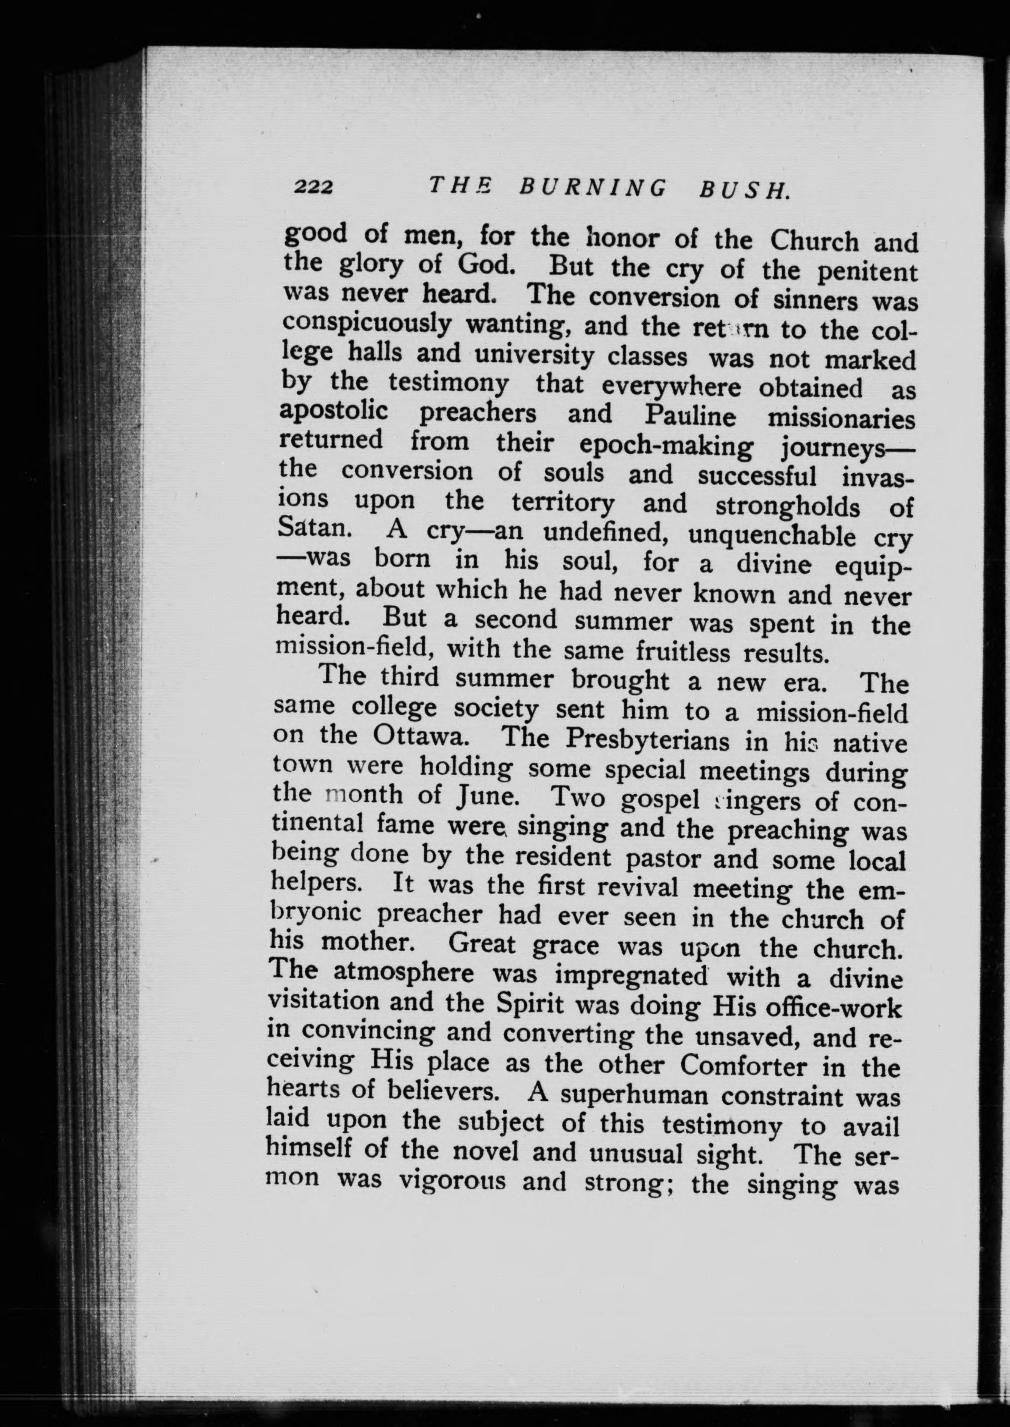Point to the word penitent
pos(867,272)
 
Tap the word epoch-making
pos(666,446)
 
